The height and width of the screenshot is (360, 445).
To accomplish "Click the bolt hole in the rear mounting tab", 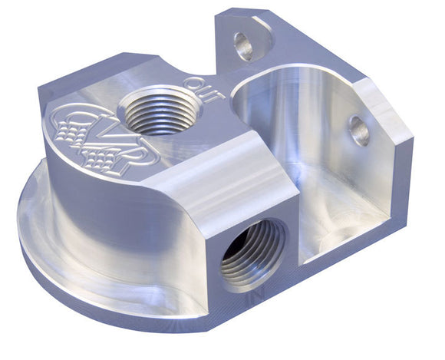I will (x=244, y=46).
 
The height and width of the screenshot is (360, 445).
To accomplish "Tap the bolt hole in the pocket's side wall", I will (x=359, y=131).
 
